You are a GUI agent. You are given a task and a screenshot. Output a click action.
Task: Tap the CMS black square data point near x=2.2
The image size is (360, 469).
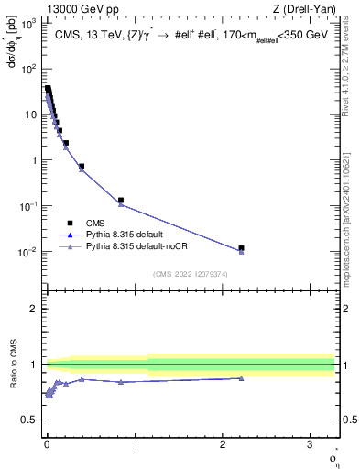click(x=241, y=248)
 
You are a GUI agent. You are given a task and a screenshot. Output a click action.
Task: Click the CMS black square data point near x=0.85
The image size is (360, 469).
click(x=121, y=200)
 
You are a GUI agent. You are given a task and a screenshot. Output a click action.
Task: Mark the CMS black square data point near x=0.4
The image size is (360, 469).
click(x=82, y=167)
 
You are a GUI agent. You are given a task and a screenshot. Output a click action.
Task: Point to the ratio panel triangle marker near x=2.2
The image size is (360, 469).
click(x=241, y=378)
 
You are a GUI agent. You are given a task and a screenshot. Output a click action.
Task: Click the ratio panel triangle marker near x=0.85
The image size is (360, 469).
click(x=121, y=382)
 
